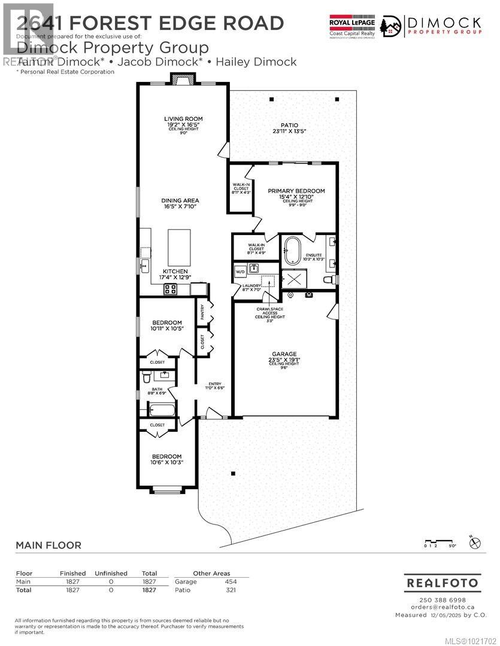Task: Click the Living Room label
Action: [x=183, y=119]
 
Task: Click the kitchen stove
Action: [x=170, y=290]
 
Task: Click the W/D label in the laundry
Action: [x=240, y=271]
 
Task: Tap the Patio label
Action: [x=285, y=125]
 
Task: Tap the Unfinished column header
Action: [x=111, y=573]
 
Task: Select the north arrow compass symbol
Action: [x=475, y=543]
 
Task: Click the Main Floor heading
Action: [x=48, y=545]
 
